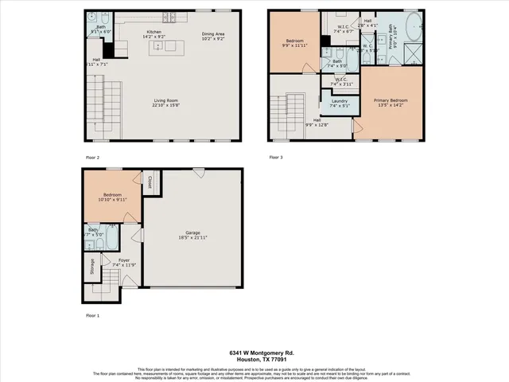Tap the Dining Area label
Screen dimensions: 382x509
214,33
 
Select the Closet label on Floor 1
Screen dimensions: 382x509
149,182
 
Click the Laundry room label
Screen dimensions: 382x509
340,100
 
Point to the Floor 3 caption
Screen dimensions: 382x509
275,157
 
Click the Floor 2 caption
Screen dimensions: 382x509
93,157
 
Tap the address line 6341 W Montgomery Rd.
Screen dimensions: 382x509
254,353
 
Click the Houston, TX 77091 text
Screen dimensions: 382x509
254,361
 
